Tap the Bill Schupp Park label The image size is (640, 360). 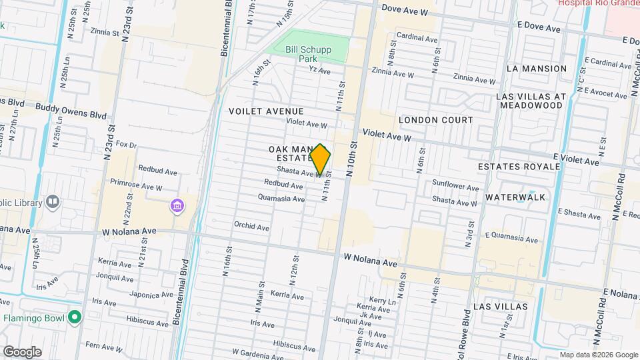(307, 53)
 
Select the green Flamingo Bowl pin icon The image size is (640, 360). (75, 317)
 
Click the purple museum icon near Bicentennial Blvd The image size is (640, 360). (177, 205)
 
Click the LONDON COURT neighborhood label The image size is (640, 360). (435, 120)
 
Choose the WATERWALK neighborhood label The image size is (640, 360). (515, 197)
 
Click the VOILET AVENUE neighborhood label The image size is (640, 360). (266, 111)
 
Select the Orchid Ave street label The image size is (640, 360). (251, 227)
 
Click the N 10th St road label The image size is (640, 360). (352, 158)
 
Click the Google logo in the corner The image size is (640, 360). (22, 351)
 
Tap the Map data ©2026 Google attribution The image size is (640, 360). (598, 355)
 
